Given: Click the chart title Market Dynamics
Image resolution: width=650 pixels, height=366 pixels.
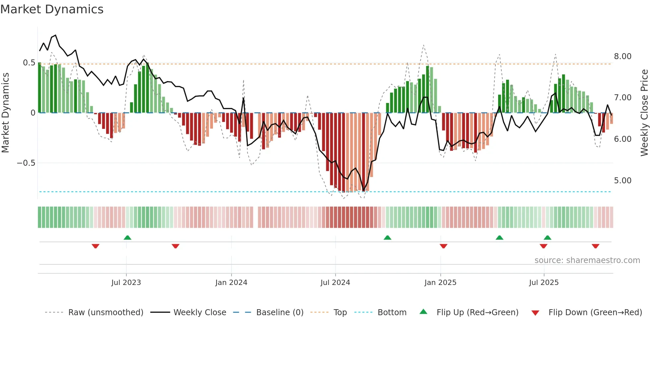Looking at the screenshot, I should [x=52, y=9].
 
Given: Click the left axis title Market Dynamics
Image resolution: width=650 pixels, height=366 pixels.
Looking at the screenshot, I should [x=5, y=113].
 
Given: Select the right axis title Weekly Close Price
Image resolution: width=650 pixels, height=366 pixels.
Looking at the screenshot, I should [x=644, y=113].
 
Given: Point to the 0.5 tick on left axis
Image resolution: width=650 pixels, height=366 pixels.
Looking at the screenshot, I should [x=29, y=63].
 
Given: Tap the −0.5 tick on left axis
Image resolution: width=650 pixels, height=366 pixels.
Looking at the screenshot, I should [x=26, y=163].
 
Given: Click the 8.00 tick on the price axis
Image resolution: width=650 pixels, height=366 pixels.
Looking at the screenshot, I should [x=622, y=56].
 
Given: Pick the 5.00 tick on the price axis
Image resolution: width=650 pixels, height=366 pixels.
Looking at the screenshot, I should [x=622, y=181].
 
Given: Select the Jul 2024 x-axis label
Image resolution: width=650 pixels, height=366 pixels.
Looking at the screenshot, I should [x=335, y=283].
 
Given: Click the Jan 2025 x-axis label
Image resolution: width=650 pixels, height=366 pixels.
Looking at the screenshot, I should [x=440, y=283].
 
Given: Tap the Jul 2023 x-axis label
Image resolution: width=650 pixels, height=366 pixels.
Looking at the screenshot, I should [x=126, y=283].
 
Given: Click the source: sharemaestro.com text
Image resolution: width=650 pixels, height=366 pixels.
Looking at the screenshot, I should [x=587, y=260].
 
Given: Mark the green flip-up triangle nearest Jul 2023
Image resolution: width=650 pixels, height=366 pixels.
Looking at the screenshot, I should [x=127, y=237].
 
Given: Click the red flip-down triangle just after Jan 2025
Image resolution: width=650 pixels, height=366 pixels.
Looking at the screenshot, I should [x=443, y=246].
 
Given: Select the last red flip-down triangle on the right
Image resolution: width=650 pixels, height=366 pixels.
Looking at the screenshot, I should [x=595, y=246].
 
